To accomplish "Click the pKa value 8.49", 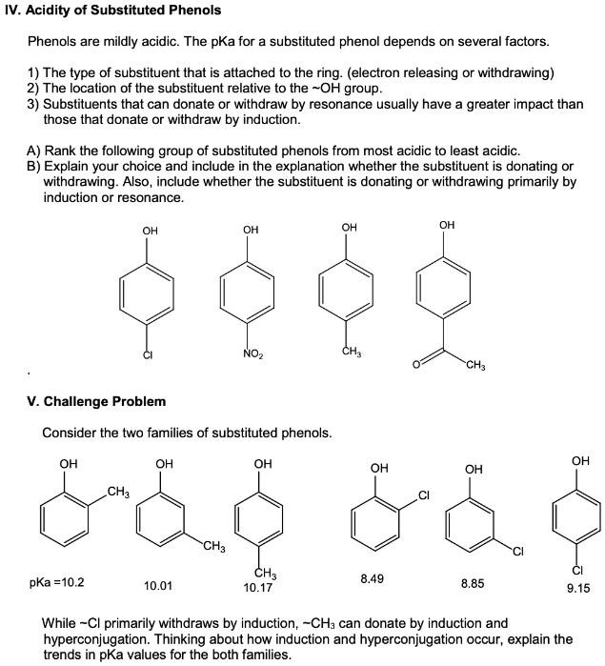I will pyautogui.click(x=373, y=578).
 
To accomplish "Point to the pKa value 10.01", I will pyautogui.click(x=158, y=585).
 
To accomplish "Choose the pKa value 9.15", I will pyautogui.click(x=578, y=588).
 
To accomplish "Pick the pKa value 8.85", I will pyautogui.click(x=473, y=582).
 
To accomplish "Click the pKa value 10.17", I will pyautogui.click(x=257, y=588).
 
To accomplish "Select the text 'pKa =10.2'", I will pyautogui.click(x=56, y=579).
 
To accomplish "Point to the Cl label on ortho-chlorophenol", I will pyautogui.click(x=424, y=494).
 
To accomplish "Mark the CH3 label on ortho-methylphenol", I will pyautogui.click(x=118, y=492).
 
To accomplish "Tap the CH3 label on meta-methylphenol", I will pyautogui.click(x=213, y=546).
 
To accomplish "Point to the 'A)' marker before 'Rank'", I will pyautogui.click(x=34, y=151).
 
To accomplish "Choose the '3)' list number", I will pyautogui.click(x=34, y=105).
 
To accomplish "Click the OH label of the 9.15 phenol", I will pyautogui.click(x=580, y=461).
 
